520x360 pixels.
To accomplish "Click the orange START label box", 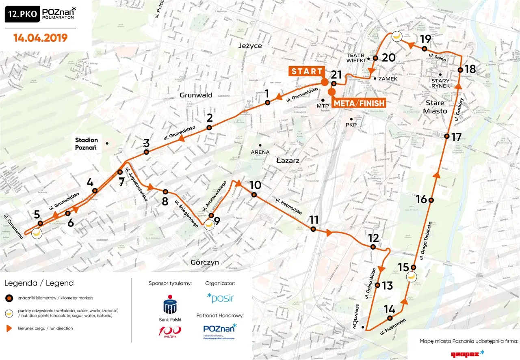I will [x=306, y=71].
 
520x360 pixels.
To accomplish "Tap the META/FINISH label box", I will [x=359, y=103].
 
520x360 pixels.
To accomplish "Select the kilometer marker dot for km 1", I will [x=267, y=103].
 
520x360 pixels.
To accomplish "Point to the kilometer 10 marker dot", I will [x=254, y=195].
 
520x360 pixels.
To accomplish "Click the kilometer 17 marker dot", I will [x=446, y=136].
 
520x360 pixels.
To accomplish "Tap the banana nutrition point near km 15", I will [x=412, y=277].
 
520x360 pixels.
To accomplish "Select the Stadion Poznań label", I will [x=86, y=144].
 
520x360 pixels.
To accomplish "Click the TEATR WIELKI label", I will [x=357, y=58].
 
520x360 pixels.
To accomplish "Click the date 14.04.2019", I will [x=40, y=38].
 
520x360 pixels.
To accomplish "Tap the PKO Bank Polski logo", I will [x=170, y=308].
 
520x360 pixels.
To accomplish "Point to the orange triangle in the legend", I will [x=8, y=328].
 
